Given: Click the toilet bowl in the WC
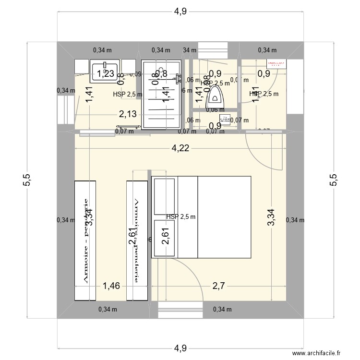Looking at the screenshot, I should (215, 98).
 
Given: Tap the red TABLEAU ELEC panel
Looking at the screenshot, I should (276, 63).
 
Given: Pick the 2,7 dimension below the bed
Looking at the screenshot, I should (218, 286).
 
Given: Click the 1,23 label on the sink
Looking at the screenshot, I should (105, 74).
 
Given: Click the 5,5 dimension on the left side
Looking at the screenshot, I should (28, 180).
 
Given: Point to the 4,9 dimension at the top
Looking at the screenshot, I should (180, 12).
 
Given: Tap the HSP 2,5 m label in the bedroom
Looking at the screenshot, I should (181, 217).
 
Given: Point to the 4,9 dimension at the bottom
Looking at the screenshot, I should (180, 347).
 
